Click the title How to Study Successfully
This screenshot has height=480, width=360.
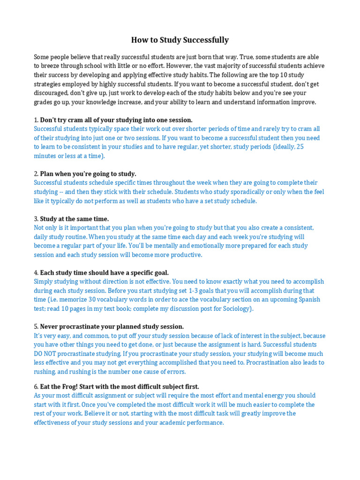[x=180, y=40]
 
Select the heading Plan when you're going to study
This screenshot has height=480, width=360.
[x=88, y=173]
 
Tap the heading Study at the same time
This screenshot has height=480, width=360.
[x=74, y=218]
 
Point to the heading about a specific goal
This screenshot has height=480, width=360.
[x=104, y=272]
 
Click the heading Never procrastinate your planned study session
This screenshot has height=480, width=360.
[x=112, y=326]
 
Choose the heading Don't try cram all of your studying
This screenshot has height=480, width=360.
[x=116, y=120]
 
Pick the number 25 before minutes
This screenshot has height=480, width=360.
[x=300, y=147]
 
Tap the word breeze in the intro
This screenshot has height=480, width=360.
[x=52, y=66]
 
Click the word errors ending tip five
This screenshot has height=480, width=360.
[x=176, y=372]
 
